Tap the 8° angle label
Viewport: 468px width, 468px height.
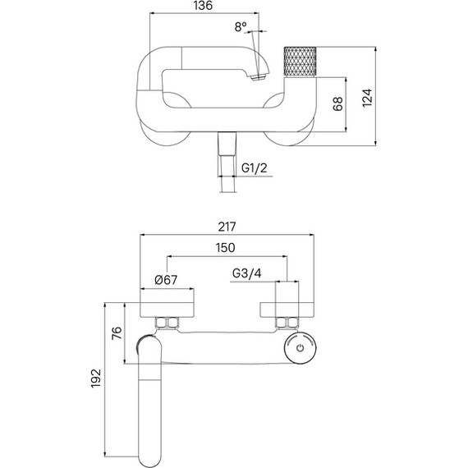click(241, 27)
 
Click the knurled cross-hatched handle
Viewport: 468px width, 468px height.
click(300, 64)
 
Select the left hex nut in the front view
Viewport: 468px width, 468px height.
click(169, 322)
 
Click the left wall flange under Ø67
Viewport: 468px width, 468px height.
click(167, 309)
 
